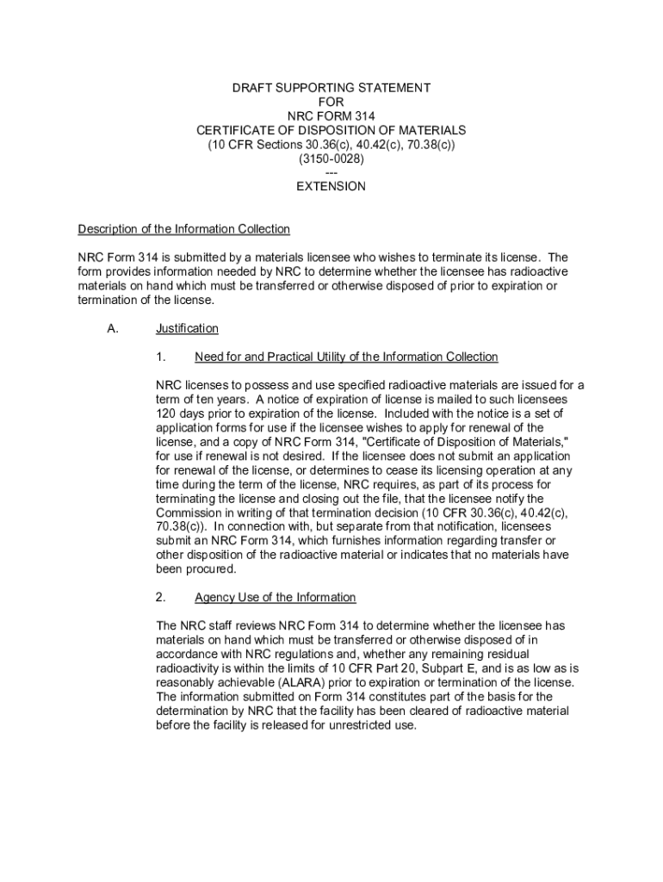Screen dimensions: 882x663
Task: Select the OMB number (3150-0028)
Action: [331, 159]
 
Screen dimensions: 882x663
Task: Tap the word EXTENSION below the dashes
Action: [331, 186]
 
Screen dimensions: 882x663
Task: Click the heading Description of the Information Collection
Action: [184, 229]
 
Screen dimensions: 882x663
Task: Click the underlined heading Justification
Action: [187, 328]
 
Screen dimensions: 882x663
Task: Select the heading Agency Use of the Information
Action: [275, 597]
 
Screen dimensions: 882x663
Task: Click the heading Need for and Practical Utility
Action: [346, 357]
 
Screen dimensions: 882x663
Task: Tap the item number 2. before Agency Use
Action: [161, 597]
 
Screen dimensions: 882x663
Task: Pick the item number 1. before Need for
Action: [161, 357]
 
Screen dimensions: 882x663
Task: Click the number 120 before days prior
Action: [167, 413]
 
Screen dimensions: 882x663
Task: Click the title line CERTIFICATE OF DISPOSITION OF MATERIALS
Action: [331, 130]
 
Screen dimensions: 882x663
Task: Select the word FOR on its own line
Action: [331, 102]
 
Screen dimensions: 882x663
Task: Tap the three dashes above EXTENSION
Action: [331, 172]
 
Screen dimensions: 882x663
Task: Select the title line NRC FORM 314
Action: [331, 116]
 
